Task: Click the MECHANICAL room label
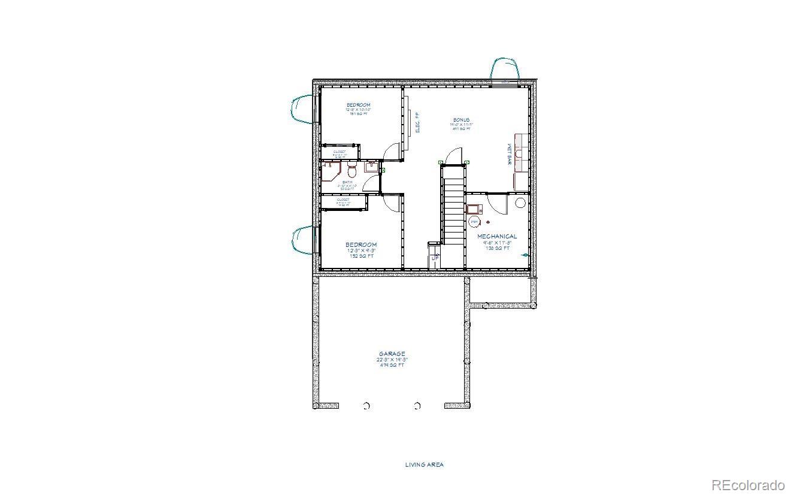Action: click(x=496, y=237)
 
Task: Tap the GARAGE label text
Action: click(x=392, y=354)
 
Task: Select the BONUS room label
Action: click(x=461, y=120)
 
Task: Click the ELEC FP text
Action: click(x=418, y=122)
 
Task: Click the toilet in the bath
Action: click(x=351, y=171)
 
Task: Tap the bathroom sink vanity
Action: click(x=371, y=166)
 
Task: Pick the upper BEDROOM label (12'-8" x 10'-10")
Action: click(x=358, y=105)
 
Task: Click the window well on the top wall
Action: click(x=505, y=69)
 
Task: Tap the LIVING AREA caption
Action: click(x=424, y=464)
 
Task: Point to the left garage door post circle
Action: click(x=366, y=406)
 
